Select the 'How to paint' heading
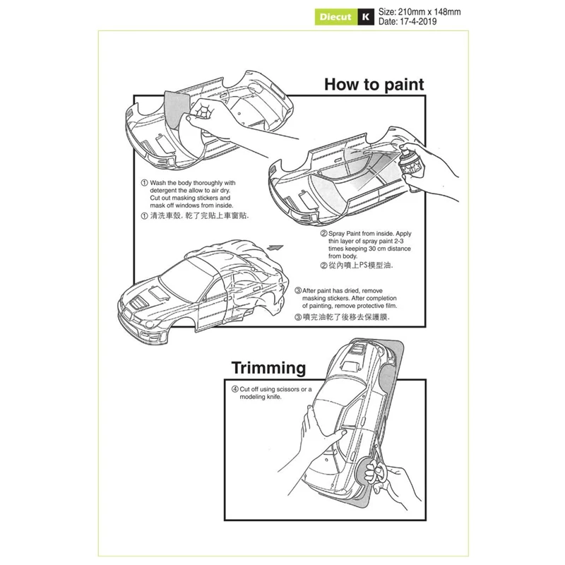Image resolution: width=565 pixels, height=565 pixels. (374, 85)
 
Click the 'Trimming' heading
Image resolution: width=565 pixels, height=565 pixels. (268, 368)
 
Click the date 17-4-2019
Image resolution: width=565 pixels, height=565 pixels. (408, 22)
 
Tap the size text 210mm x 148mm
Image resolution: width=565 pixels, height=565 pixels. (420, 12)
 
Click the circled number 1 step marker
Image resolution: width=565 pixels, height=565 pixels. (144, 183)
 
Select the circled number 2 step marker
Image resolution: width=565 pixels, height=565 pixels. (323, 233)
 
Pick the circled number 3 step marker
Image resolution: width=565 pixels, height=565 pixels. (298, 290)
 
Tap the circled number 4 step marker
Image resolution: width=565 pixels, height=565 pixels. (234, 389)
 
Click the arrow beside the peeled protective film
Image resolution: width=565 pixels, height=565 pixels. (275, 248)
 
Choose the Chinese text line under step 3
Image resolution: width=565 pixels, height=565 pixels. (342, 318)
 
